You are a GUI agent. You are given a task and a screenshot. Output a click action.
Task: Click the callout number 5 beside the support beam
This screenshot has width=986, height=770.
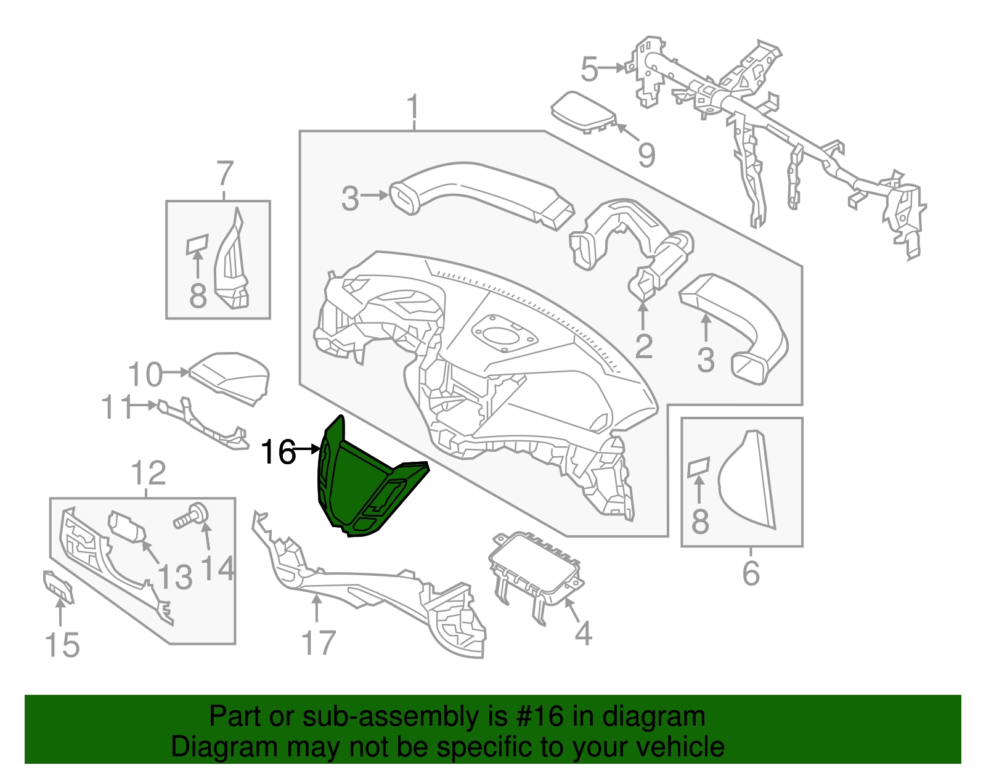(589, 68)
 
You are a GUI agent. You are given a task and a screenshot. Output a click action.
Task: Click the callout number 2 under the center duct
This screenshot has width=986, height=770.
(643, 346)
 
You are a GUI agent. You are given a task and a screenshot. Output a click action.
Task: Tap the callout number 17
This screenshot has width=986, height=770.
(319, 643)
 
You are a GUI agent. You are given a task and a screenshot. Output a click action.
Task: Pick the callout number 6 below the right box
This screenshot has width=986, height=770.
(751, 573)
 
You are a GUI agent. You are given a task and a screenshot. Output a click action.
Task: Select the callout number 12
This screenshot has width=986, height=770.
(149, 473)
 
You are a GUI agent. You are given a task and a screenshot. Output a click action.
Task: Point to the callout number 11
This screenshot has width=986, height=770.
(117, 407)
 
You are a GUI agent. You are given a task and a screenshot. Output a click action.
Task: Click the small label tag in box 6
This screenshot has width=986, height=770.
(699, 467)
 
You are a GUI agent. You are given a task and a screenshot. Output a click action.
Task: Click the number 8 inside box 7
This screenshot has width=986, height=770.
(197, 296)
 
